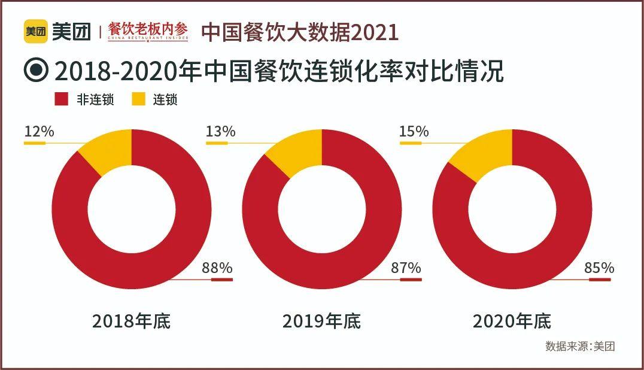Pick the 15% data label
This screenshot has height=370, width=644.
pyautogui.click(x=414, y=131)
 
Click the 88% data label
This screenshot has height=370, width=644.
pyautogui.click(x=217, y=268)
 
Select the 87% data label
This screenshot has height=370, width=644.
pyautogui.click(x=406, y=268)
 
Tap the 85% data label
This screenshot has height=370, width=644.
pyautogui.click(x=599, y=268)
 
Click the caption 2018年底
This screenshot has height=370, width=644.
pyautogui.click(x=131, y=321)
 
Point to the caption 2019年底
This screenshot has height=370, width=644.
pyautogui.click(x=321, y=321)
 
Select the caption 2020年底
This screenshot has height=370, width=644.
pyautogui.click(x=512, y=321)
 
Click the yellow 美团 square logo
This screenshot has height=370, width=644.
pyautogui.click(x=35, y=32)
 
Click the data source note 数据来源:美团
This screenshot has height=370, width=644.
pyautogui.click(x=580, y=346)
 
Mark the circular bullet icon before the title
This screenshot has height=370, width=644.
pyautogui.click(x=36, y=71)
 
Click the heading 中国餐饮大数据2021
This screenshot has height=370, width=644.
pyautogui.click(x=299, y=32)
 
